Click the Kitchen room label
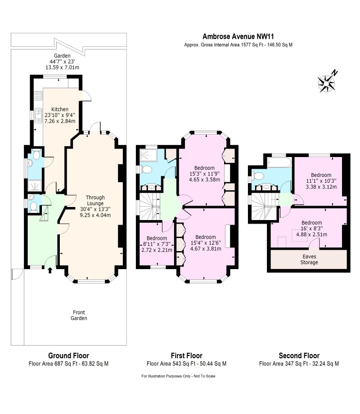tap(59, 109)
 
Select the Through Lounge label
tap(95, 200)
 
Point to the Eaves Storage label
tap(309, 259)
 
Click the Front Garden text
tap(79, 315)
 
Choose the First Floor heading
tap(186, 355)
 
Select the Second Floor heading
tap(299, 355)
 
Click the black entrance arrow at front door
tap(49, 270)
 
